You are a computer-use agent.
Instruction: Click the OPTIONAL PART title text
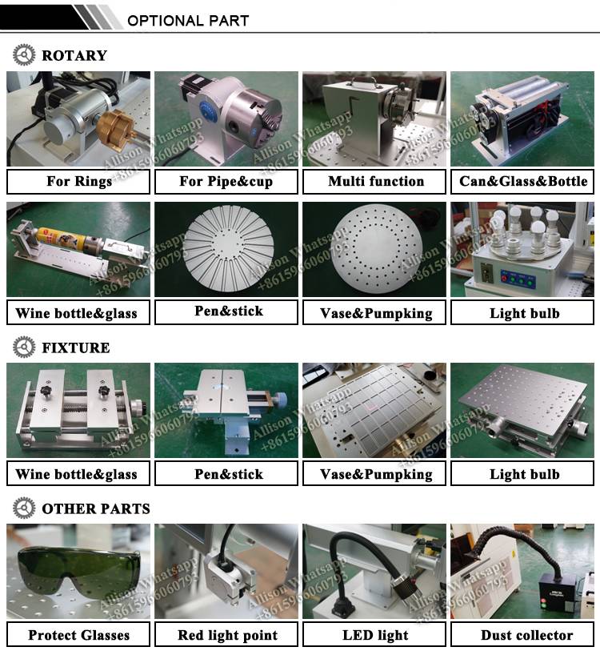point(188,20)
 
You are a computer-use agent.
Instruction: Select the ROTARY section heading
point(74,55)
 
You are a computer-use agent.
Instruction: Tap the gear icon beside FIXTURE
point(24,348)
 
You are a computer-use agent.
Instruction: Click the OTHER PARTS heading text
point(95,508)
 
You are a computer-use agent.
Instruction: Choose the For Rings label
point(78,181)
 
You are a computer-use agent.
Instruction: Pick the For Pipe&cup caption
point(226,181)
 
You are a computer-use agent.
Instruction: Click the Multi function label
point(375,181)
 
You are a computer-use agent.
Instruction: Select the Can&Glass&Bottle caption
point(523,181)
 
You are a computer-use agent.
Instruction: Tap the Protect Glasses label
point(78,635)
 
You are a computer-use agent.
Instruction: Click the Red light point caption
point(226,635)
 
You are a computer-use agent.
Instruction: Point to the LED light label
point(375,635)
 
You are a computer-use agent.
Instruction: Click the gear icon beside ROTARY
point(24,55)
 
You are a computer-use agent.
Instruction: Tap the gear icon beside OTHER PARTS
point(24,508)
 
